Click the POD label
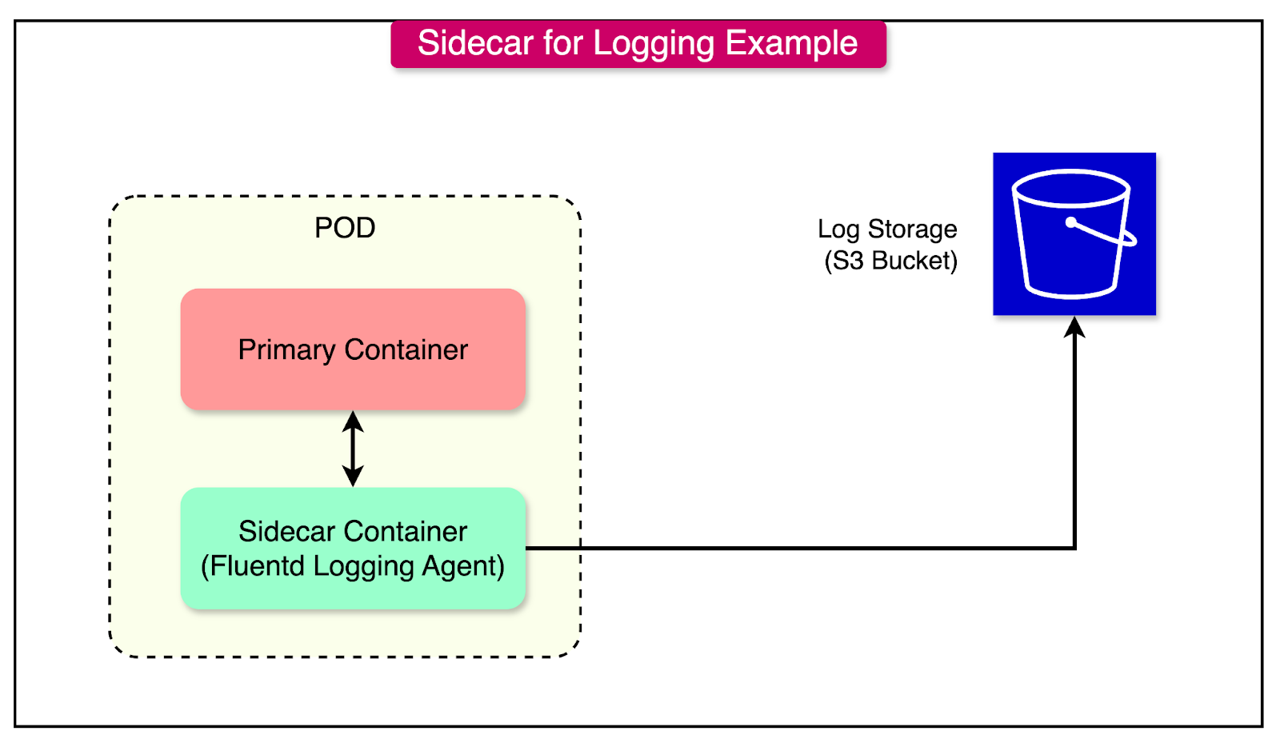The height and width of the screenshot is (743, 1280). tap(345, 228)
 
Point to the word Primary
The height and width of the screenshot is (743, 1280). tap(286, 350)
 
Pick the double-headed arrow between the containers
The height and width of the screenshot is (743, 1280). tap(353, 449)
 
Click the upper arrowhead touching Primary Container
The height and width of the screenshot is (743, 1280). tap(353, 420)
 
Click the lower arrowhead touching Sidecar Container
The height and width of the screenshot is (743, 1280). tap(353, 477)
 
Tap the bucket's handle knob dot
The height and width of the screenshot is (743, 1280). tap(1071, 222)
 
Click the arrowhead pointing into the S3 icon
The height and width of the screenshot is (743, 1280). tap(1074, 326)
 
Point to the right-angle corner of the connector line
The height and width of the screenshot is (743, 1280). tap(1074, 548)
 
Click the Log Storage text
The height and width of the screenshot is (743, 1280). tap(887, 230)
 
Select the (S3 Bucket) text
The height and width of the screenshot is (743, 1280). tap(890, 261)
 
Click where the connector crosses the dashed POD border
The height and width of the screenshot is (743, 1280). tap(580, 548)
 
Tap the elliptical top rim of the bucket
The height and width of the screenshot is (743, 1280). tap(1070, 173)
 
